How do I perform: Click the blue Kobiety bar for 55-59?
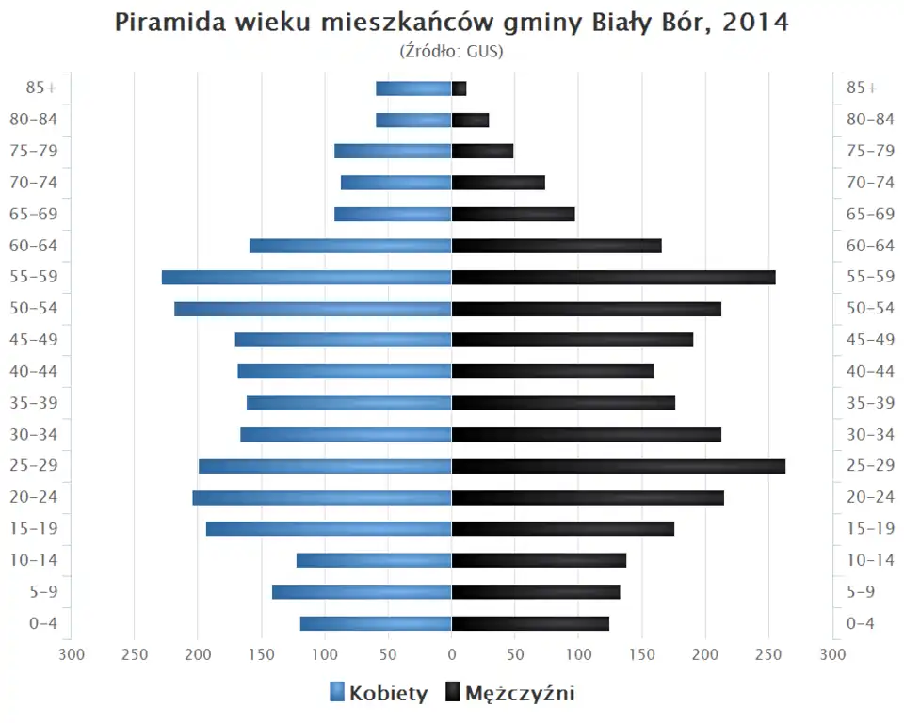point(306,277)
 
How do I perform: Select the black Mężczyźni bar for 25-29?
point(618,466)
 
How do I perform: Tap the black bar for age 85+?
point(460,88)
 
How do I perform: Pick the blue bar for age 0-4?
point(376,623)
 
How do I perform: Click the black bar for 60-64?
point(557,246)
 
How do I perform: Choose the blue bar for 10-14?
point(374,560)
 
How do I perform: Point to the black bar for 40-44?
point(552,371)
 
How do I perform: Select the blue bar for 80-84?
point(413,120)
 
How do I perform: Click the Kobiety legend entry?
point(379,694)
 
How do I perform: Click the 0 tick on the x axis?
point(452,654)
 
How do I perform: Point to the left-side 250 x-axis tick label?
point(134,654)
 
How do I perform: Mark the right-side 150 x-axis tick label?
point(642,654)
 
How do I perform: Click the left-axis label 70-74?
point(36,183)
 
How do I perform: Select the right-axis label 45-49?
point(870,340)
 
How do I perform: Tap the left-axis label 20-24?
point(36,497)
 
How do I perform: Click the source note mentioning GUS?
point(452,51)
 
